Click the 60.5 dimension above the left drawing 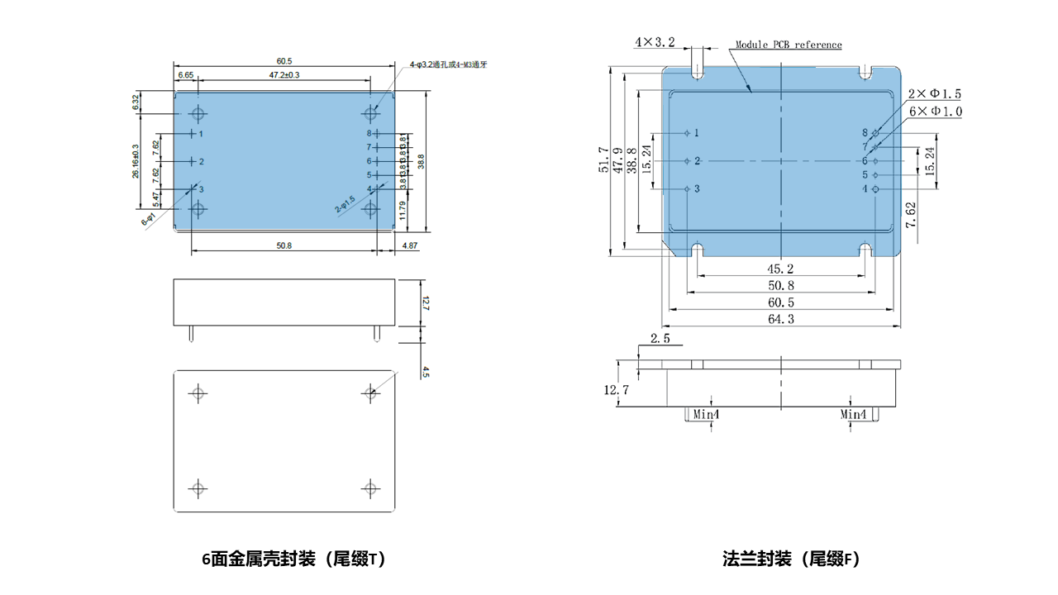coord(284,61)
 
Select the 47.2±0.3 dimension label coord(284,75)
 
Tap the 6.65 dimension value coord(186,75)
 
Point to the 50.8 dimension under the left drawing coord(284,245)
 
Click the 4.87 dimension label coord(411,245)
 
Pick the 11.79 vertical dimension coord(402,210)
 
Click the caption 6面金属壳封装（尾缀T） coord(293,559)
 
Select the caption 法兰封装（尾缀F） coord(791,559)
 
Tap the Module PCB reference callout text coord(789,45)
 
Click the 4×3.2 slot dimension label coord(655,41)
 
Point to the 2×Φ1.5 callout coord(934,94)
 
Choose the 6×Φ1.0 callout coord(934,111)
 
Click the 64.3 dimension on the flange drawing coord(780,319)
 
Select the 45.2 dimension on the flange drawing coord(780,269)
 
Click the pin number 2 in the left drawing coord(201,161)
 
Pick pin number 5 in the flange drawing coord(865,175)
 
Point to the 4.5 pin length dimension coord(425,373)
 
